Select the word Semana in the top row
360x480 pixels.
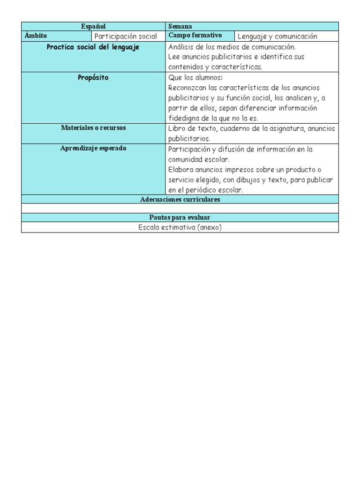pyautogui.click(x=180, y=27)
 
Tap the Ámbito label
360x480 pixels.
pyautogui.click(x=36, y=36)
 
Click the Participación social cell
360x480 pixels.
pyautogui.click(x=126, y=37)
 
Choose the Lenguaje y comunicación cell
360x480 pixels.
pyautogui.click(x=277, y=37)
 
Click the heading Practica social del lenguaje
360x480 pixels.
pyautogui.click(x=93, y=47)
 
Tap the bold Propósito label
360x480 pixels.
pyautogui.click(x=93, y=78)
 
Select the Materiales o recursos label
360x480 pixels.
pyautogui.click(x=93, y=128)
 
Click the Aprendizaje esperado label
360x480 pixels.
pyautogui.click(x=93, y=149)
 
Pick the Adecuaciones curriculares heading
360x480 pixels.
pyautogui.click(x=180, y=200)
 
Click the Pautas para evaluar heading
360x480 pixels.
pyautogui.click(x=180, y=217)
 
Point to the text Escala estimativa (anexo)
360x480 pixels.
pyautogui.click(x=180, y=227)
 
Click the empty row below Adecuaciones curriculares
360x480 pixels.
pyautogui.click(x=180, y=208)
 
